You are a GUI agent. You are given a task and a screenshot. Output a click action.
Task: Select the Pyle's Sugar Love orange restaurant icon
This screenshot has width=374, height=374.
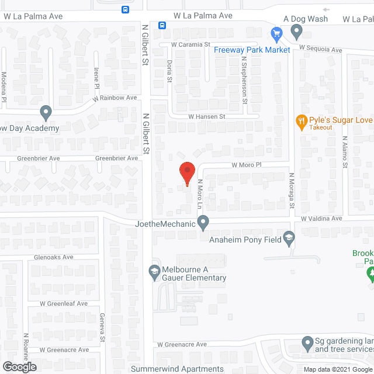click(302, 121)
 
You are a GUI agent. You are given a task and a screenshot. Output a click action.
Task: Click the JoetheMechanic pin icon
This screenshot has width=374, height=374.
click(203, 222)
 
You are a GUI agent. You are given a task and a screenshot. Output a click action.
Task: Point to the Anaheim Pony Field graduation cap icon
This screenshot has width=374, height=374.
click(288, 237)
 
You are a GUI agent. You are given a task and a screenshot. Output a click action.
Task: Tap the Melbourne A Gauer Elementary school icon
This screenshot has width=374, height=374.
click(154, 271)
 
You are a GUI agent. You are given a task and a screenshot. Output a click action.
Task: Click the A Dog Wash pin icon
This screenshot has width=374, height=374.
click(297, 30)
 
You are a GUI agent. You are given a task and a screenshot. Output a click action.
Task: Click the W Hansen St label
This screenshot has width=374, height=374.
click(206, 117)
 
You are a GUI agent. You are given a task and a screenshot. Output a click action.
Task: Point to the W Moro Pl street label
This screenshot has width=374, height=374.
click(245, 165)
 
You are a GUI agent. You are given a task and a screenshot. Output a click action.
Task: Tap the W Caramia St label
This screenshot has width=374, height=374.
click(191, 44)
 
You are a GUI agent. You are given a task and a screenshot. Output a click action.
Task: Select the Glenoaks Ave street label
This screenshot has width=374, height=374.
click(53, 257)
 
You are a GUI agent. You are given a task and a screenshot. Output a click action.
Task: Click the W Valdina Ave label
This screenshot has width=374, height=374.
click(321, 219)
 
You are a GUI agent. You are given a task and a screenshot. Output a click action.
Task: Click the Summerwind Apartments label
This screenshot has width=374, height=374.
click(177, 369)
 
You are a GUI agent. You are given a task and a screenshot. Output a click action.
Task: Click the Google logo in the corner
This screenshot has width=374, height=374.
click(19, 367)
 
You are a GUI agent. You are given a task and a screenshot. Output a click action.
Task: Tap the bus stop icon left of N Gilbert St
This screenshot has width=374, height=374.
click(126, 9)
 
